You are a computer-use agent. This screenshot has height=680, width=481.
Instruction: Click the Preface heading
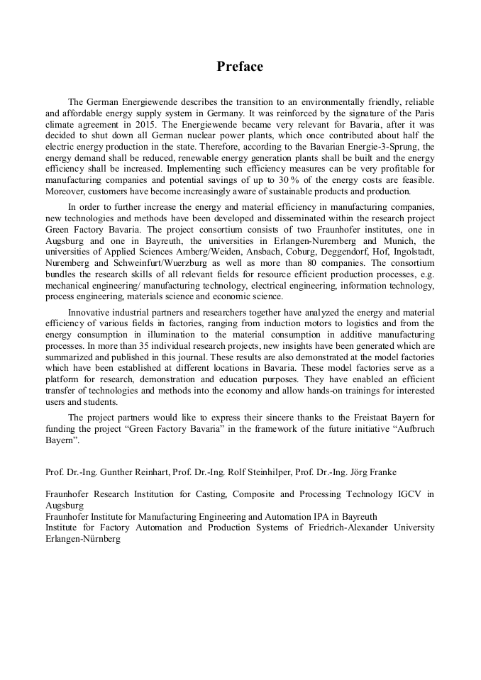[x=240, y=67]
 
